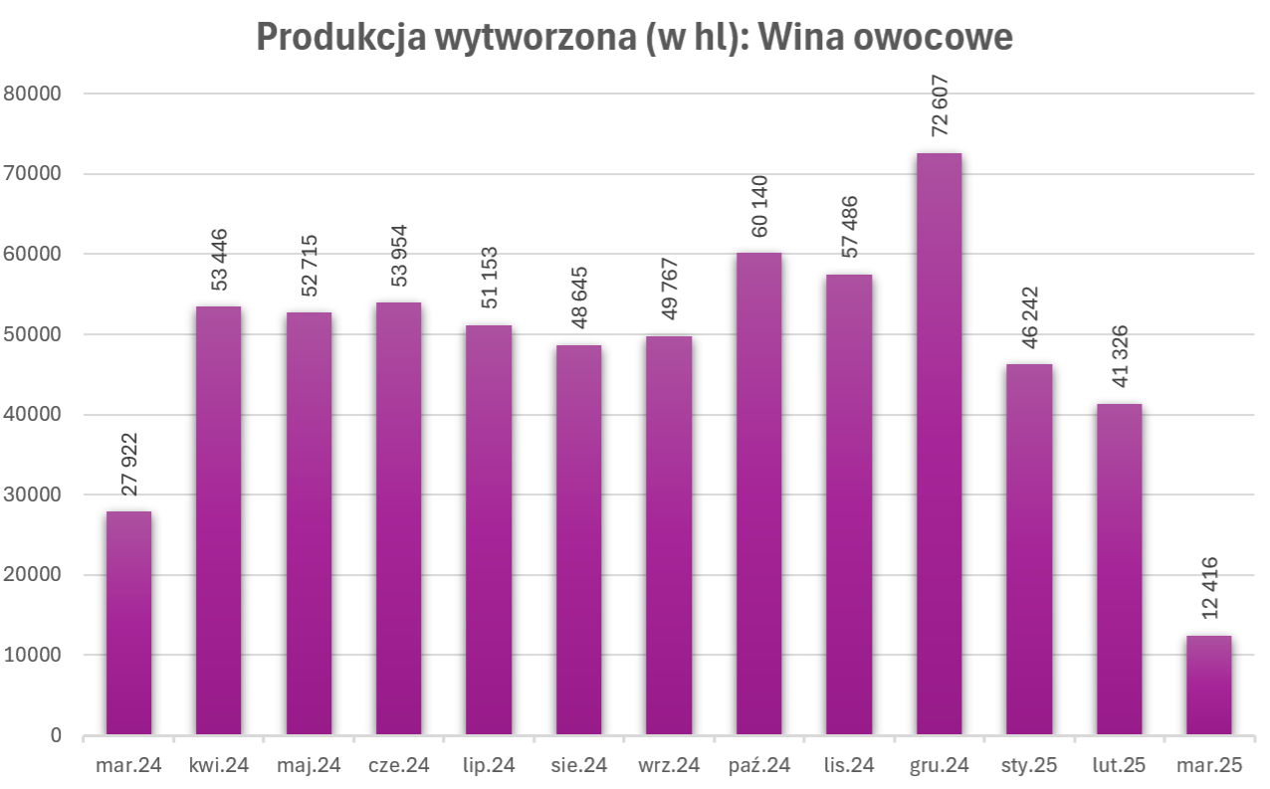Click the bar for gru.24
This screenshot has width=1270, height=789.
coord(939,444)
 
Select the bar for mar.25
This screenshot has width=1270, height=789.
coord(1208,686)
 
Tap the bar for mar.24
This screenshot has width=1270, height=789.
coord(128,623)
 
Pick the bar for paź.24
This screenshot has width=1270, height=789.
coord(758,493)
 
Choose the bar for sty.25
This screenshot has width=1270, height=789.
coord(1028,549)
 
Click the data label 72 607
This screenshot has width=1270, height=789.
coord(939,106)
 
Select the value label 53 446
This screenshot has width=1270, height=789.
coord(219,260)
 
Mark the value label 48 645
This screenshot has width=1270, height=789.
coord(578,298)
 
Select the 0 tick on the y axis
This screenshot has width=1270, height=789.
coord(55,735)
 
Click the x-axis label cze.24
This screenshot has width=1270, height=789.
coord(398,765)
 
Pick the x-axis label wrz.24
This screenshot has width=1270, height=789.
coord(668,765)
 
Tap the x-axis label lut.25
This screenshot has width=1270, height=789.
coord(1119,765)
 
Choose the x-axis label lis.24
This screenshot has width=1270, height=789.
coord(848,765)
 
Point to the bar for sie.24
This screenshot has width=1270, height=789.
coord(578,540)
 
